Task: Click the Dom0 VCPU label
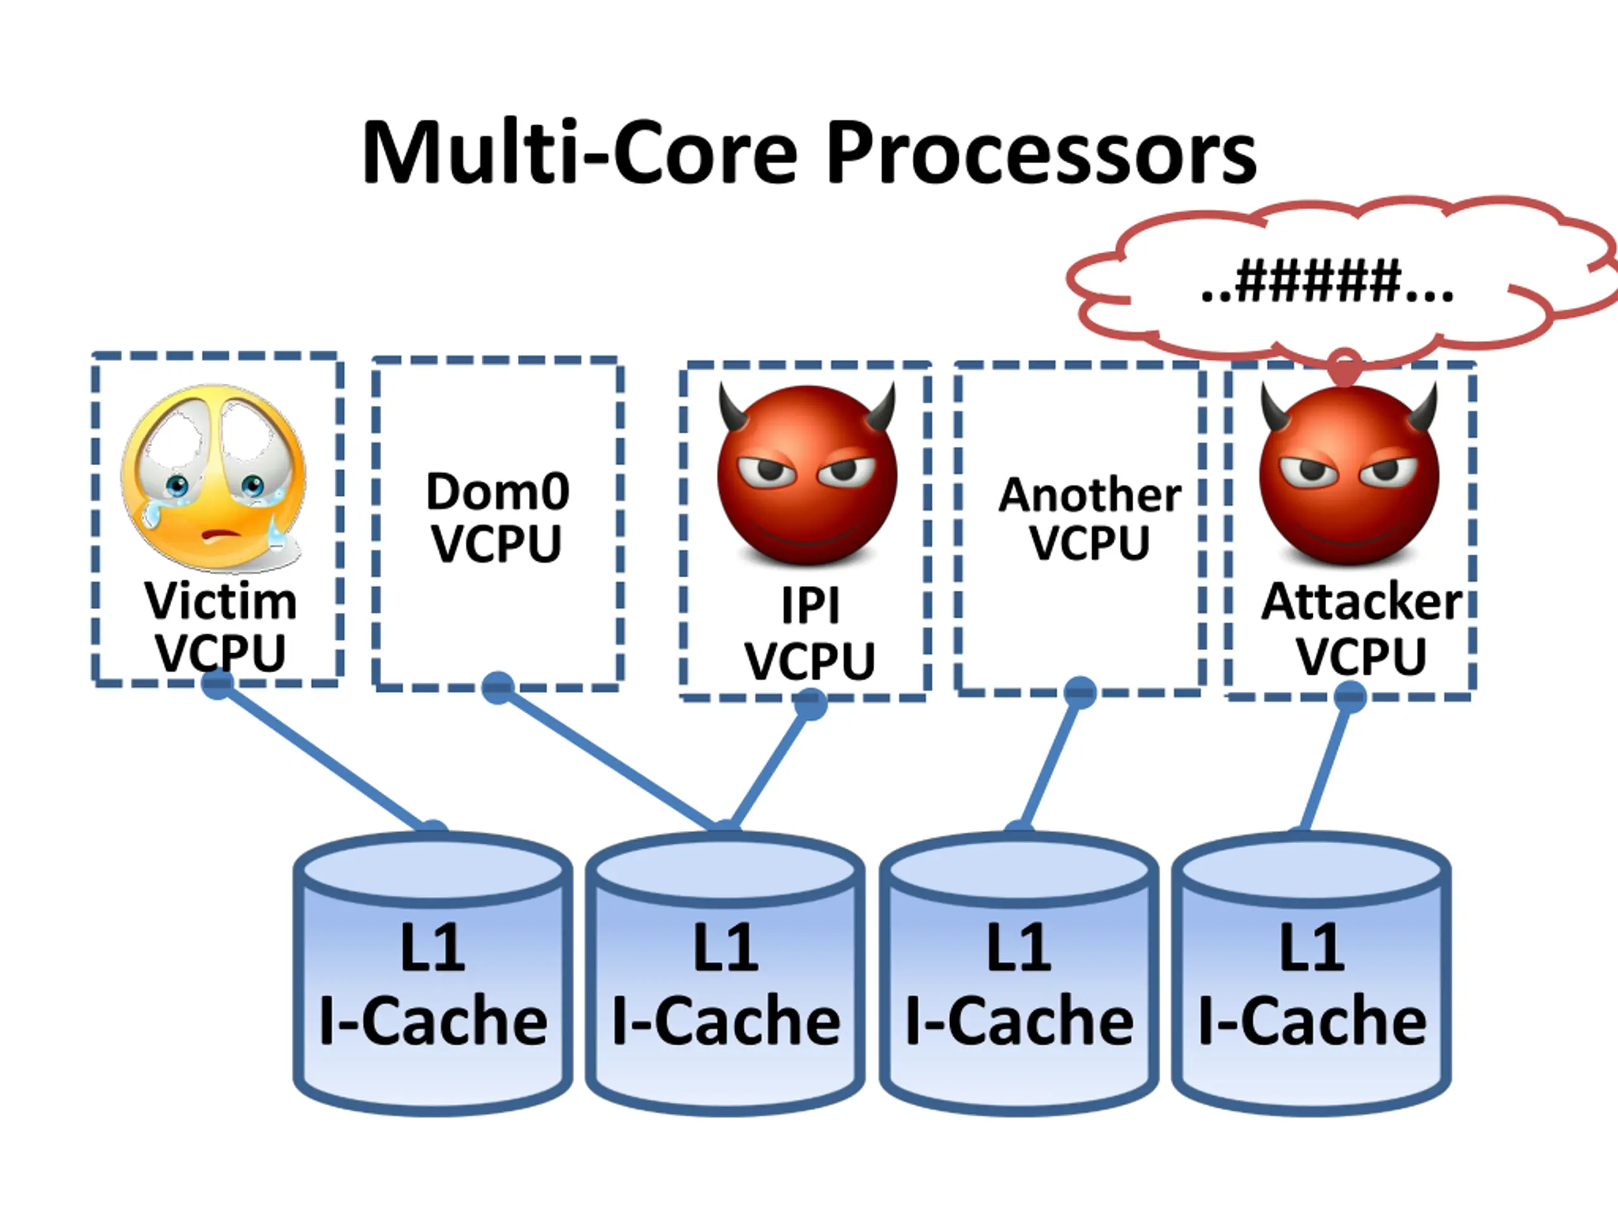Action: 497,517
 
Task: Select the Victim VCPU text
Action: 220,626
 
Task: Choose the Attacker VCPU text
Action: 1361,628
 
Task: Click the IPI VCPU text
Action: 809,634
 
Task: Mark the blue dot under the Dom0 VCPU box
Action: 498,687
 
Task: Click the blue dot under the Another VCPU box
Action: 1080,692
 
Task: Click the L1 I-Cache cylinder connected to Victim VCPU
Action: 433,981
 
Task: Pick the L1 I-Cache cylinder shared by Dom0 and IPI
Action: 726,981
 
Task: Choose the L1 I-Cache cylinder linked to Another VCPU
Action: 1019,981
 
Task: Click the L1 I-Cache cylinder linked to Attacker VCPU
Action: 1311,981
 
